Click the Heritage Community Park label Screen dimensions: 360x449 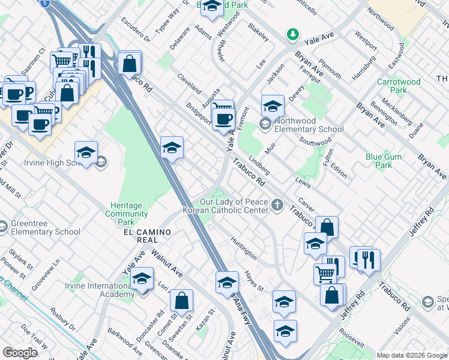[x=126, y=209]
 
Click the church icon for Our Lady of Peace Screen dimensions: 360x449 [x=277, y=205]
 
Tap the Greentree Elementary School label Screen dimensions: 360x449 [x=46, y=228]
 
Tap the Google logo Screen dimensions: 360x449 [x=20, y=352]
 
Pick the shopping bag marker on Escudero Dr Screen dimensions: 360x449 [x=130, y=63]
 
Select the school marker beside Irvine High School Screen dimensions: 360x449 [x=86, y=152]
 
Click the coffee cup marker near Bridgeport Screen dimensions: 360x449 [x=223, y=119]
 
